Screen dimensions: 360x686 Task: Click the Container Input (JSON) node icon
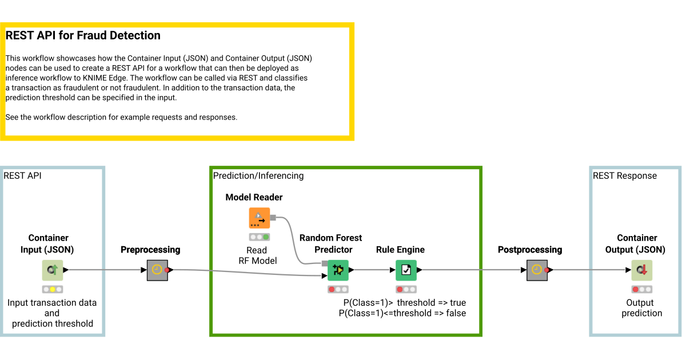[52, 270]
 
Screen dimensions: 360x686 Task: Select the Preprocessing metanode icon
[157, 270]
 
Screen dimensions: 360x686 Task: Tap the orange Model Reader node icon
[259, 218]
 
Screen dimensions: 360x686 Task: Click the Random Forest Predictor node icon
[338, 270]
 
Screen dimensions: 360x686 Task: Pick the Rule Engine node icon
[406, 270]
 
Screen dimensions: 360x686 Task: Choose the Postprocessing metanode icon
[537, 270]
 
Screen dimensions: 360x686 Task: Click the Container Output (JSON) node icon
[641, 270]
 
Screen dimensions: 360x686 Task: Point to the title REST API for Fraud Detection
[83, 35]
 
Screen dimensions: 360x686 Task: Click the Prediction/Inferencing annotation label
[258, 175]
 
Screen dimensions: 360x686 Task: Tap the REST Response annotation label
[625, 175]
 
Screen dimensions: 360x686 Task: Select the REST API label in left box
[22, 175]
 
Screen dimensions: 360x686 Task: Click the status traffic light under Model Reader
[259, 237]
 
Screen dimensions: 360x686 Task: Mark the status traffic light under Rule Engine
[406, 289]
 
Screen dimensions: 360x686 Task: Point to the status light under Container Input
[52, 289]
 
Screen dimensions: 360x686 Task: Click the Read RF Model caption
[257, 255]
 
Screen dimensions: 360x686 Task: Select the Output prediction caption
[641, 308]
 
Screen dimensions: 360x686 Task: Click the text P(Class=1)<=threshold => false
[402, 313]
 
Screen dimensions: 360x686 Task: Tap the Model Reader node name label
[254, 197]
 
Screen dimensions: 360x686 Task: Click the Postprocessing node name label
[529, 250]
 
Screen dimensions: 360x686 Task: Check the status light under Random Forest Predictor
[338, 289]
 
